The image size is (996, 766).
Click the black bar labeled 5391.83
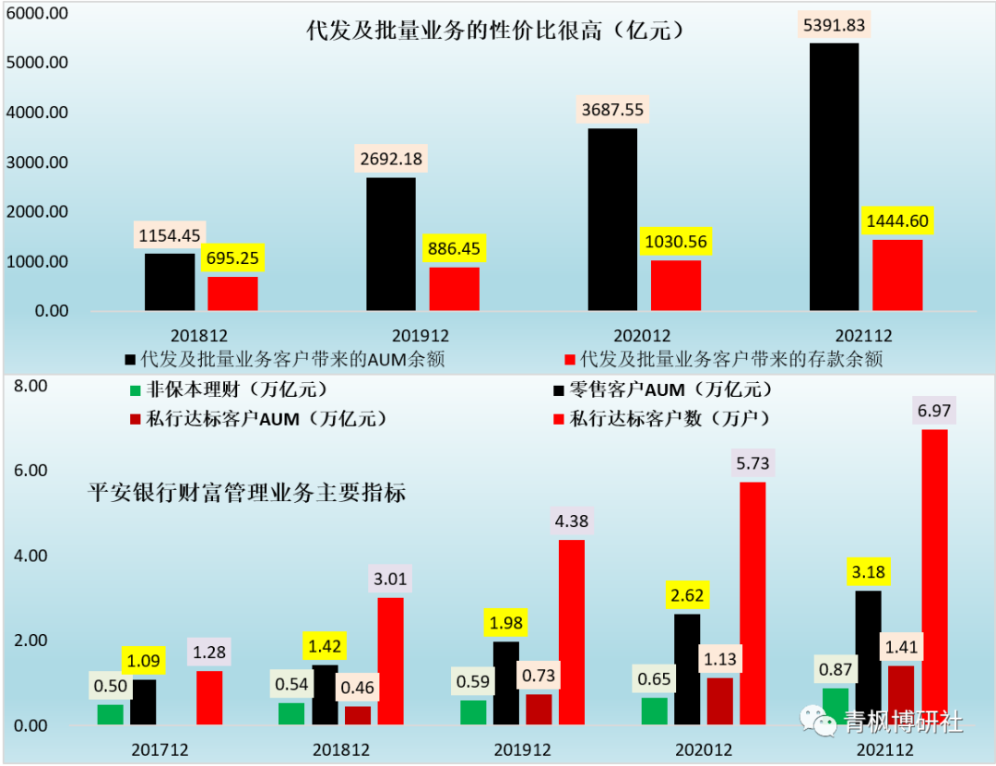834,176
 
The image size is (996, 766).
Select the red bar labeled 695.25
232,293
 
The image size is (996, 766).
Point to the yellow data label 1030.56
675,243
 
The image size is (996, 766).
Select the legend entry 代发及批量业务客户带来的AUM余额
290,359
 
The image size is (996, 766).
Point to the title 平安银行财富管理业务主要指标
246,492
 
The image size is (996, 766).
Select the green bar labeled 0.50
110,714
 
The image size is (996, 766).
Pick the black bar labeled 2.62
688,669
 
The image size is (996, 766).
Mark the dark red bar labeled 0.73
539,709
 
